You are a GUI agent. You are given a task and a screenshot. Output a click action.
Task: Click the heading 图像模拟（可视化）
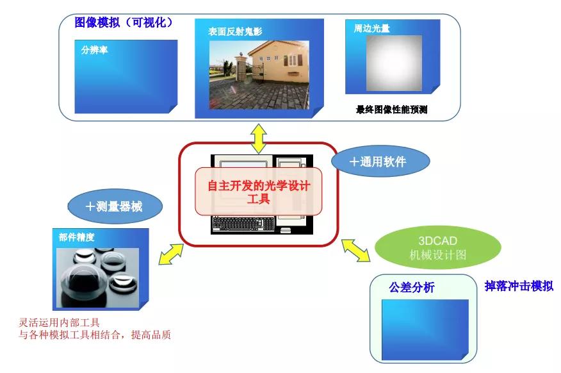124,22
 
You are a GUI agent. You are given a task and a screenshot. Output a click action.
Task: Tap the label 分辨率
94,49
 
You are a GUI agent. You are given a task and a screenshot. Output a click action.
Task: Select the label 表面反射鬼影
235,31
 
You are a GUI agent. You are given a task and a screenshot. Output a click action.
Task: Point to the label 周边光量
371,29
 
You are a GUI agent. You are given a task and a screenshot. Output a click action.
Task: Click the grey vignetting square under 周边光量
393,67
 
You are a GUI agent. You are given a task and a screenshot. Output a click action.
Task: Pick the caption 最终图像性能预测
391,110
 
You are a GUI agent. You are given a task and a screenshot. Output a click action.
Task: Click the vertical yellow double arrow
258,138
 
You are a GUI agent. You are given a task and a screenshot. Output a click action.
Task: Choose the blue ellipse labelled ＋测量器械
115,206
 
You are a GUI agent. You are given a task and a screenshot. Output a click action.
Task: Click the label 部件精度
77,236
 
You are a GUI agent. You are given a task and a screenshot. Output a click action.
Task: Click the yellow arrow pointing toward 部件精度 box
170,253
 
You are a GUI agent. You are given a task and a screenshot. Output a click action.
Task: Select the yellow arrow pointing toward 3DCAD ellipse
356,249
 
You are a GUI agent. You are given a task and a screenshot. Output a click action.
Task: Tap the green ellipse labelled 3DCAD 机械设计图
437,247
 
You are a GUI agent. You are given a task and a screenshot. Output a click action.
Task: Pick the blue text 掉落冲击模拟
519,286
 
